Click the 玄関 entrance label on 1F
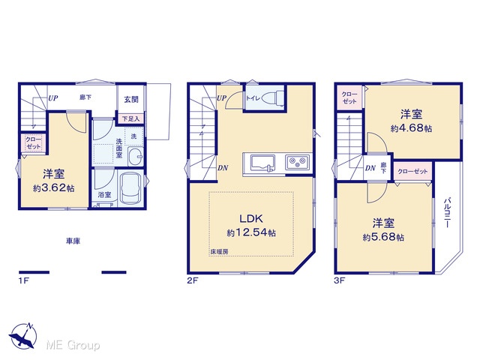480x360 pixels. pos(131,99)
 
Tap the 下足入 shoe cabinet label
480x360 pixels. pos(130,118)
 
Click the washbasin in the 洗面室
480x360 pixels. pos(135,156)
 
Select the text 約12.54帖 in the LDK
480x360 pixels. pos(251,232)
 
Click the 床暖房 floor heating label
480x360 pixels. pos(219,252)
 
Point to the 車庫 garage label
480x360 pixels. pos(73,241)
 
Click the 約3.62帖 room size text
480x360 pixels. pos(53,188)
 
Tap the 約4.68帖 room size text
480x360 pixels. pos(411,128)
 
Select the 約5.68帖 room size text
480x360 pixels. pos(383,237)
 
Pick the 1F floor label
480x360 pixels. pos(23,280)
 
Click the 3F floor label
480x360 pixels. pos(340,280)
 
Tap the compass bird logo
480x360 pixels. pos(23,336)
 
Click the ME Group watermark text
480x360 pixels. pos(73,345)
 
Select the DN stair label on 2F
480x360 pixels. pos(223,168)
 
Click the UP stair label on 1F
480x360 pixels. pos(52,98)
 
